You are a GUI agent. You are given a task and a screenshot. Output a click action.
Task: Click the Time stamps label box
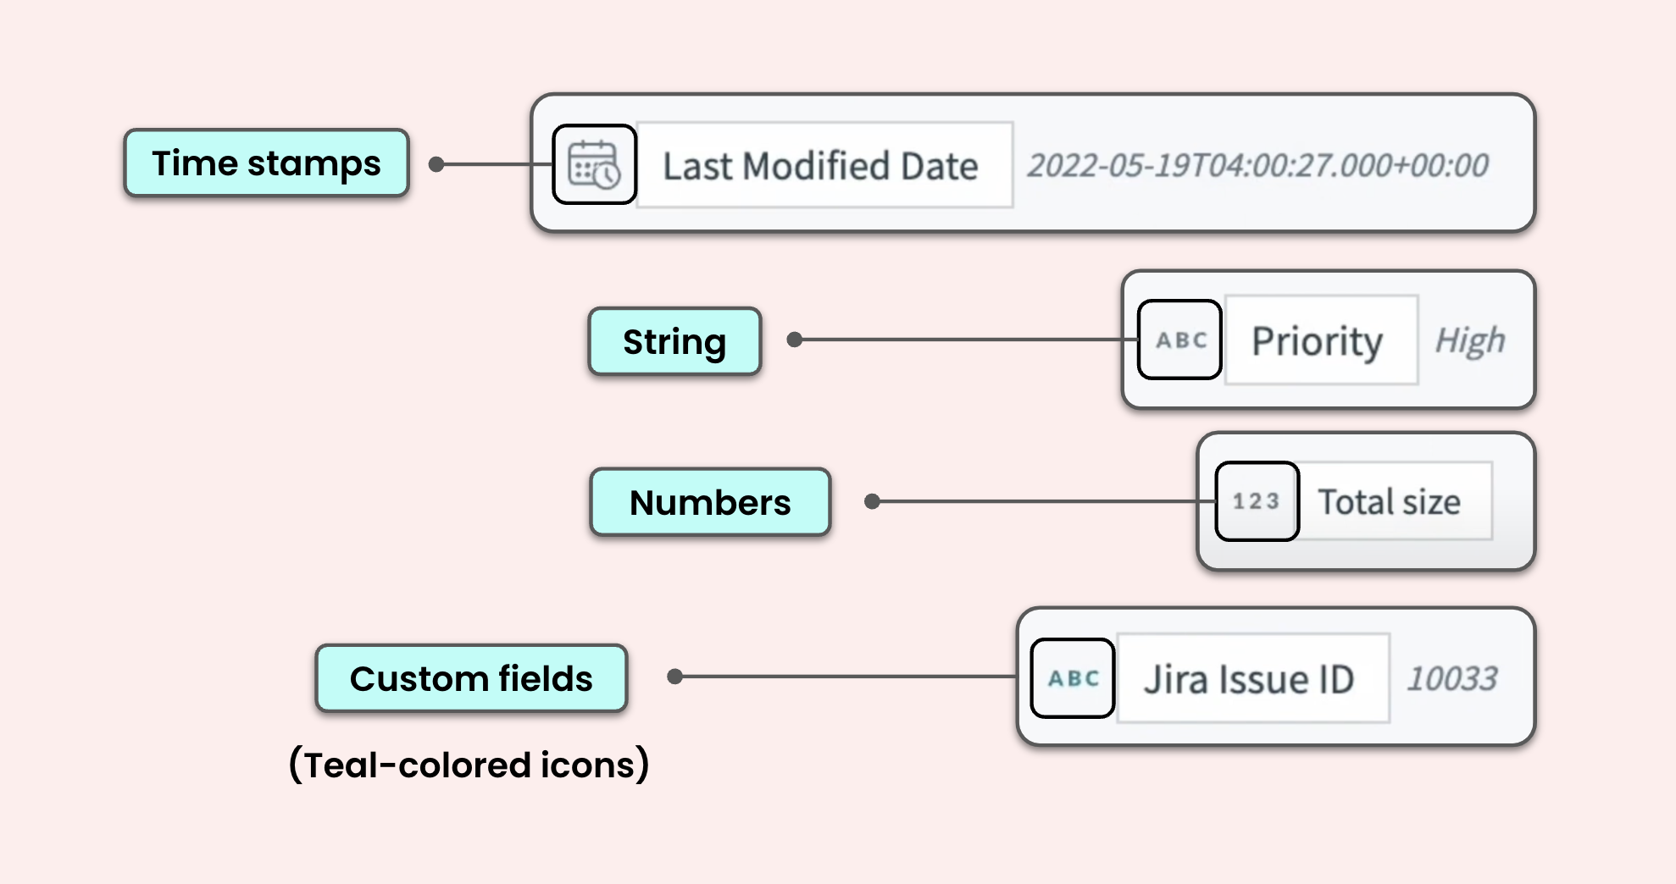[266, 163]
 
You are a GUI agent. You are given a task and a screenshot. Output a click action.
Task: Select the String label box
[674, 341]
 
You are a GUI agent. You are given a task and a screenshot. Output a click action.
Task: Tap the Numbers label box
[710, 502]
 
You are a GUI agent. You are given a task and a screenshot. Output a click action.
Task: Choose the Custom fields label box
[471, 678]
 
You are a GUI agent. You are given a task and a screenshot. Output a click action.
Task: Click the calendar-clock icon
[594, 164]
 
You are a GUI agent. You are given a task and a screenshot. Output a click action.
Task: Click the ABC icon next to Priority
[1179, 340]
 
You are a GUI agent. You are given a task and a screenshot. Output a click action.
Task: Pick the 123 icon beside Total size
[1257, 501]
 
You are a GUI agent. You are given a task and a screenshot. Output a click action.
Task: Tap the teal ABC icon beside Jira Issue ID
[1073, 678]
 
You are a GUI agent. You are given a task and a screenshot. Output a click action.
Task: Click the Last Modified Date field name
[820, 166]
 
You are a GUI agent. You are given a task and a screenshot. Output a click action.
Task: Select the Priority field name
[1318, 341]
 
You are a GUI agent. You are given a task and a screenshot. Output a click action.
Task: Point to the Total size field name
[1389, 502]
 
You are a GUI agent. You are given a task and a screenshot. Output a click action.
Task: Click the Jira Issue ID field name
[1249, 679]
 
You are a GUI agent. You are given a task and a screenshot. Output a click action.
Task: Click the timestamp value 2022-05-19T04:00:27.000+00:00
[1257, 165]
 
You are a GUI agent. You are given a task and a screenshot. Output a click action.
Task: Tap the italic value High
[1470, 340]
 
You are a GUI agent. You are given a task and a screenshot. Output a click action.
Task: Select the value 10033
[1452, 678]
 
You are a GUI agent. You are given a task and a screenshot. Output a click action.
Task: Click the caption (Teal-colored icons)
[469, 765]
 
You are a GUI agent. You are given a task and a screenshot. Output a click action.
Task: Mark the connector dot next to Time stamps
[436, 164]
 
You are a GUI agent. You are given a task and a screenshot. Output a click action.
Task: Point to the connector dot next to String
[794, 340]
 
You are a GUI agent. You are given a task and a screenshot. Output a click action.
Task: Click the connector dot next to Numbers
[872, 501]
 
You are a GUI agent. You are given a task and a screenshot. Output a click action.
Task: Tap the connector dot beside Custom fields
[674, 677]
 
